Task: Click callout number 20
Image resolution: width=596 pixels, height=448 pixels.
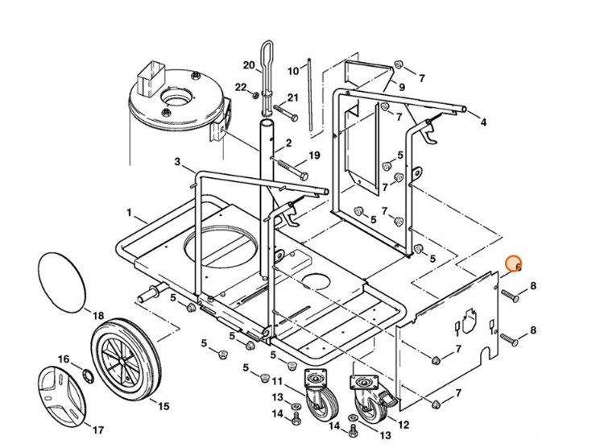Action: click(x=248, y=65)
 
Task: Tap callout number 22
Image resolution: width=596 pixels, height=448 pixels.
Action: click(x=241, y=87)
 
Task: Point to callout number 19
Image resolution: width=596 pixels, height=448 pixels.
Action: click(x=314, y=155)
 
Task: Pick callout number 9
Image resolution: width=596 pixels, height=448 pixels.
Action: click(x=401, y=86)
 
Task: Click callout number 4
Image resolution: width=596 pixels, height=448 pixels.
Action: click(x=483, y=122)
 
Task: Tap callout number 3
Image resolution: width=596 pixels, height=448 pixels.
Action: click(x=176, y=162)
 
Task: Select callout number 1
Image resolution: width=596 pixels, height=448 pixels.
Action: click(x=129, y=212)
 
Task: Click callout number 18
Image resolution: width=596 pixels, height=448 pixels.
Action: click(x=97, y=314)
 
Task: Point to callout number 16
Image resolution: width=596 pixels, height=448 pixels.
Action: click(x=64, y=359)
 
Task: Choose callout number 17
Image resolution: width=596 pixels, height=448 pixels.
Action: click(x=99, y=429)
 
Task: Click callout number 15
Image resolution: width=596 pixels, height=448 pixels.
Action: click(x=163, y=405)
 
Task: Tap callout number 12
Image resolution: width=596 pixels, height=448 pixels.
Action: click(x=404, y=425)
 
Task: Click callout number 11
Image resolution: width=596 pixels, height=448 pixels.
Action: click(x=276, y=380)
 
